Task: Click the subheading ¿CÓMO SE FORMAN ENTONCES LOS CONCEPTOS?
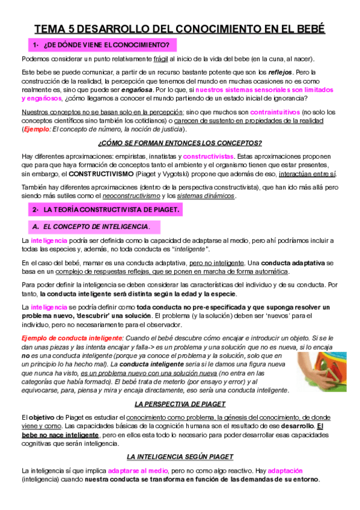coord(180,143)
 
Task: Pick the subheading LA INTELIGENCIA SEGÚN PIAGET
coord(180,456)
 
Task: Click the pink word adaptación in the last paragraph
coord(285,470)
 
